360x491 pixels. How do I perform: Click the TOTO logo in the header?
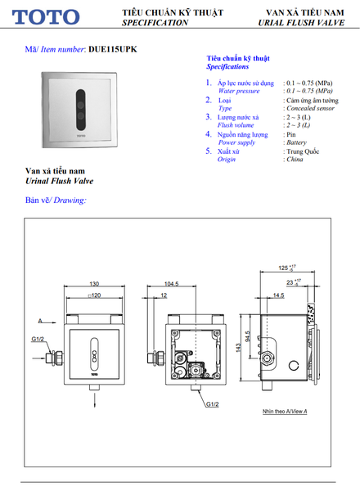pyautogui.click(x=46, y=16)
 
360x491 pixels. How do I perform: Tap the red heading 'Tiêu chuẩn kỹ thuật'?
pyautogui.click(x=238, y=60)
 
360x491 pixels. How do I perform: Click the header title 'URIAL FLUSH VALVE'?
pyautogui.click(x=295, y=24)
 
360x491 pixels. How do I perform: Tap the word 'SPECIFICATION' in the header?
pyautogui.click(x=155, y=24)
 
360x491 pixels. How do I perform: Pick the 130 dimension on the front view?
pyautogui.click(x=95, y=285)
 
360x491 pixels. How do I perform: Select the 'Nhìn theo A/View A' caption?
pyautogui.click(x=285, y=412)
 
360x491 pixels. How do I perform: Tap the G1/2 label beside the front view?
pyautogui.click(x=38, y=339)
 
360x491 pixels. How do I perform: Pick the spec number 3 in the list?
pyautogui.click(x=209, y=117)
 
